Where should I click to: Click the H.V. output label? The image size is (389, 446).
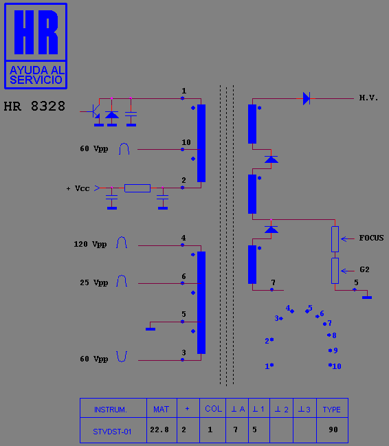pyautogui.click(x=368, y=98)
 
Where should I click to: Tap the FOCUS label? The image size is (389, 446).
pyautogui.click(x=371, y=238)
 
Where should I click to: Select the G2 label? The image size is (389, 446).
pyautogui.click(x=364, y=269)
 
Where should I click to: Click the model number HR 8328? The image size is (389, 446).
pyautogui.click(x=34, y=106)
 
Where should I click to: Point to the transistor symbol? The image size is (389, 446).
pyautogui.click(x=95, y=111)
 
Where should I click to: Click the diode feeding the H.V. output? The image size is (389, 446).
pyautogui.click(x=307, y=98)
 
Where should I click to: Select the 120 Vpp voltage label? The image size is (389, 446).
pyautogui.click(x=90, y=245)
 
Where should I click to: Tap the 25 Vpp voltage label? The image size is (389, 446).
pyautogui.click(x=94, y=282)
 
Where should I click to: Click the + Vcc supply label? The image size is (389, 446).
pyautogui.click(x=78, y=188)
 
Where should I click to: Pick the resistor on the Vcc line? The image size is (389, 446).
pyautogui.click(x=137, y=188)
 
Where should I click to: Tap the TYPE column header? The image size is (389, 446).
pyautogui.click(x=331, y=410)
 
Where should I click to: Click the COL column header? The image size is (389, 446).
pyautogui.click(x=214, y=409)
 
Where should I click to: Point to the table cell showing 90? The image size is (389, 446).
pyautogui.click(x=333, y=430)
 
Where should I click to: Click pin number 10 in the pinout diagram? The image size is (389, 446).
pyautogui.click(x=337, y=366)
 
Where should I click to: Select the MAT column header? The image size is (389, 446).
pyautogui.click(x=161, y=410)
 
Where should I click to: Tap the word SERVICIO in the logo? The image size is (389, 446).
pyautogui.click(x=36, y=80)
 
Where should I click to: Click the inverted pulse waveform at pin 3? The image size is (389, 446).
pyautogui.click(x=122, y=357)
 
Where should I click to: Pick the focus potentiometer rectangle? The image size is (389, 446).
pyautogui.click(x=335, y=239)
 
